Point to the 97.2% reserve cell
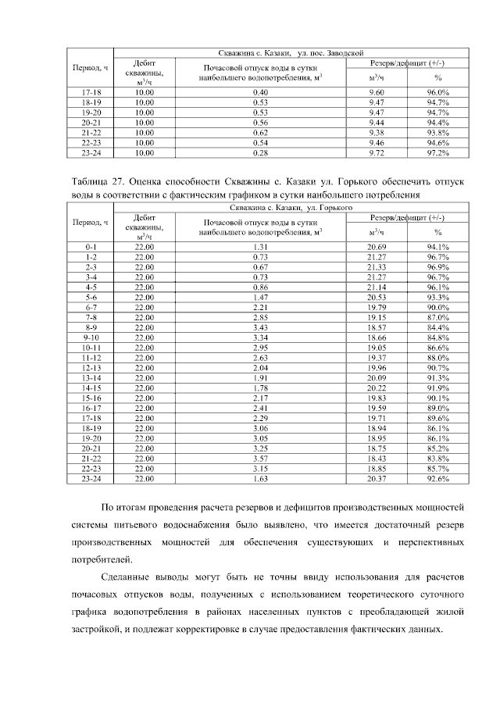[x=437, y=153]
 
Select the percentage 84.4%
[x=437, y=327]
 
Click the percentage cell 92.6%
[x=437, y=479]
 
